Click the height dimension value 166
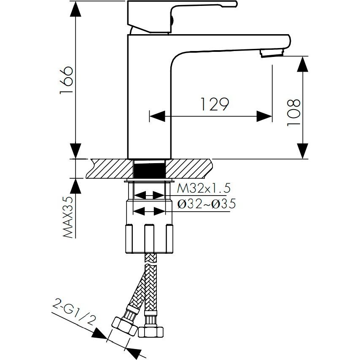67,80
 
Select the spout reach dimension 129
215,104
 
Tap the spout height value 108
294,112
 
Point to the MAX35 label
68,217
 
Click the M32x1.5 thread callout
204,188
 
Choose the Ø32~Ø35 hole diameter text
207,204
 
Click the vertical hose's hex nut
150,332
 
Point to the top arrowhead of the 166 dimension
75,9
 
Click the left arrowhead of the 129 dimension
157,116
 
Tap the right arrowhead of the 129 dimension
264,116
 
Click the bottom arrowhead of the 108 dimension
303,151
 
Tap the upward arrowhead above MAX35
75,186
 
